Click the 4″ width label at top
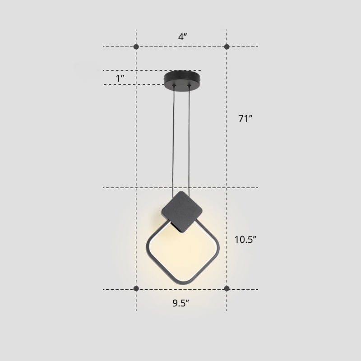tap(182, 37)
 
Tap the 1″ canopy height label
tap(120, 78)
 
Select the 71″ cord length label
tap(245, 119)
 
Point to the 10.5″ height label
tap(245, 239)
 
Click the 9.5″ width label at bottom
tap(180, 303)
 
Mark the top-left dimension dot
tap(137, 46)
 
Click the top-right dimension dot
tap(227, 46)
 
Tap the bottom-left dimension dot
tap(137, 289)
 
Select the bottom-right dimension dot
tap(227, 289)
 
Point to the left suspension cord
tap(174, 135)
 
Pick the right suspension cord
tap(190, 135)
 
